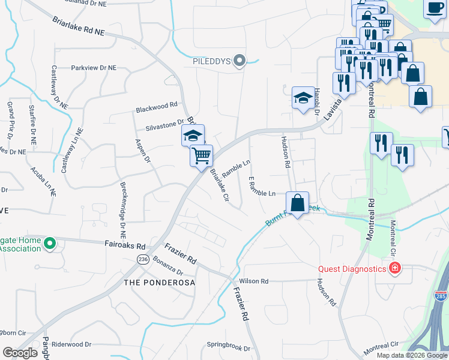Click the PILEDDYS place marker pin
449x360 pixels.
tap(240, 60)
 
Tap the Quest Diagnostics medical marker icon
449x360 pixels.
tap(394, 268)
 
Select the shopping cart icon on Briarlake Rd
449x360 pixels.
tap(201, 155)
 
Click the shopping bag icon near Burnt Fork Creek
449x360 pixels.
tap(297, 203)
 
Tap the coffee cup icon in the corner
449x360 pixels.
tap(435, 8)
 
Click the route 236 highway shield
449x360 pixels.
tap(142, 259)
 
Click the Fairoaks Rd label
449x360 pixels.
tap(125, 246)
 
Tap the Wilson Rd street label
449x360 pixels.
tap(253, 281)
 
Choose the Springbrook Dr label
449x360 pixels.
tap(228, 346)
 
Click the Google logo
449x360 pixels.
tap(20, 353)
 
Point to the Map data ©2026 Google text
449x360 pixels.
tap(412, 355)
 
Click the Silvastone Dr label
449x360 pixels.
tap(164, 124)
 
